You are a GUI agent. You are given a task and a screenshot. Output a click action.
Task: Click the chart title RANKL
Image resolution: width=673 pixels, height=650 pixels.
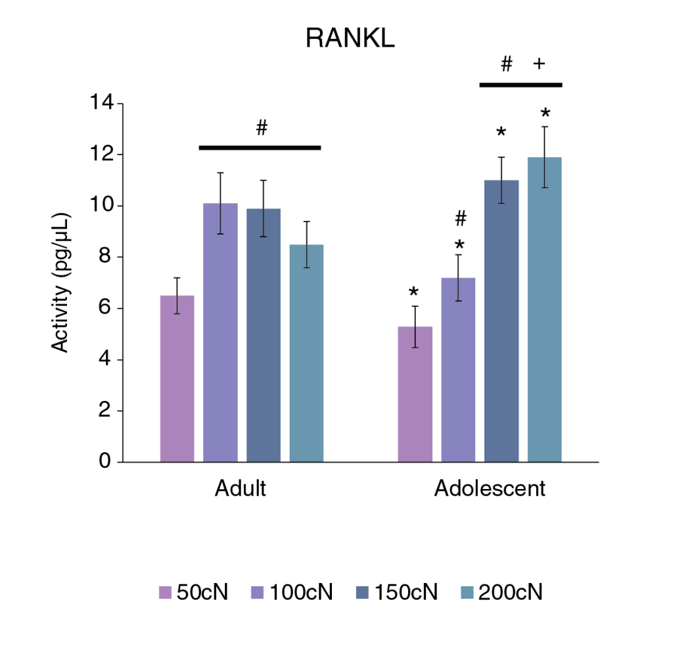point(350,39)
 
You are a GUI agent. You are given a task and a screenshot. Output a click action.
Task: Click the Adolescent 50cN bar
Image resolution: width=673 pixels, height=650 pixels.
point(416,394)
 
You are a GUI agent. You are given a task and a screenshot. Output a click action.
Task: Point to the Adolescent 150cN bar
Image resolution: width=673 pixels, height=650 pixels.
point(501,321)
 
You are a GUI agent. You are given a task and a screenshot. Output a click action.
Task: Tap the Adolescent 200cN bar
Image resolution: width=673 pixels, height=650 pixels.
point(545,310)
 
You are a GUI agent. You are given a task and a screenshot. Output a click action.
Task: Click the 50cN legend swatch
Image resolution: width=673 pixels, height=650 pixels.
point(165,592)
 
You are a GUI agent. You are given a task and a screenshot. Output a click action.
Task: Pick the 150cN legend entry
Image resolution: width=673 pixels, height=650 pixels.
point(395,592)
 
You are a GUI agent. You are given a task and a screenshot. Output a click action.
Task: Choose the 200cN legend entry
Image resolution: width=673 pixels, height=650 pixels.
point(499,592)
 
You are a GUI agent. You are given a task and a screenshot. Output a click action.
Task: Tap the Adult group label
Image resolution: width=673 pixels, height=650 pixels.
point(241,489)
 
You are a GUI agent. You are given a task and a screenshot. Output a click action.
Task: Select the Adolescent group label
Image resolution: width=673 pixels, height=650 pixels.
point(490,489)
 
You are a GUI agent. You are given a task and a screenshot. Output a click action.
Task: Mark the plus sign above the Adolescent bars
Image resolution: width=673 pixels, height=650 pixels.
point(540,64)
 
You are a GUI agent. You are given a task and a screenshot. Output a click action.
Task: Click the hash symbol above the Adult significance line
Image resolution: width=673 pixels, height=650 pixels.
point(262,128)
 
